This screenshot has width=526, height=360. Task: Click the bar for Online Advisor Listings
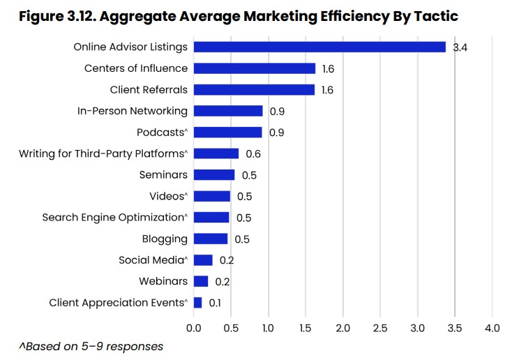(320, 47)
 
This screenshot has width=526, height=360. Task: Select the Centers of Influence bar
(255, 68)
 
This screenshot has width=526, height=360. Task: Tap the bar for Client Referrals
(255, 89)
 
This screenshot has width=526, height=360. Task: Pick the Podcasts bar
(228, 132)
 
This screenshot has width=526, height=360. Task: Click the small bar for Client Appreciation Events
(197, 303)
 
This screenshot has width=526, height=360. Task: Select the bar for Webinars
(201, 281)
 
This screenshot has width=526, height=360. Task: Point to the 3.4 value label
(460, 47)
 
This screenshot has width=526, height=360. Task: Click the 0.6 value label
(253, 153)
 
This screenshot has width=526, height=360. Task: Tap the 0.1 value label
(216, 303)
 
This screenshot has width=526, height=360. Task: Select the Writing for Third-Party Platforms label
(103, 153)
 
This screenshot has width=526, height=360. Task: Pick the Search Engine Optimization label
(115, 218)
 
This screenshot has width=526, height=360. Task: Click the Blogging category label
(165, 239)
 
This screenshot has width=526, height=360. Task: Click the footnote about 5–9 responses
(91, 346)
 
